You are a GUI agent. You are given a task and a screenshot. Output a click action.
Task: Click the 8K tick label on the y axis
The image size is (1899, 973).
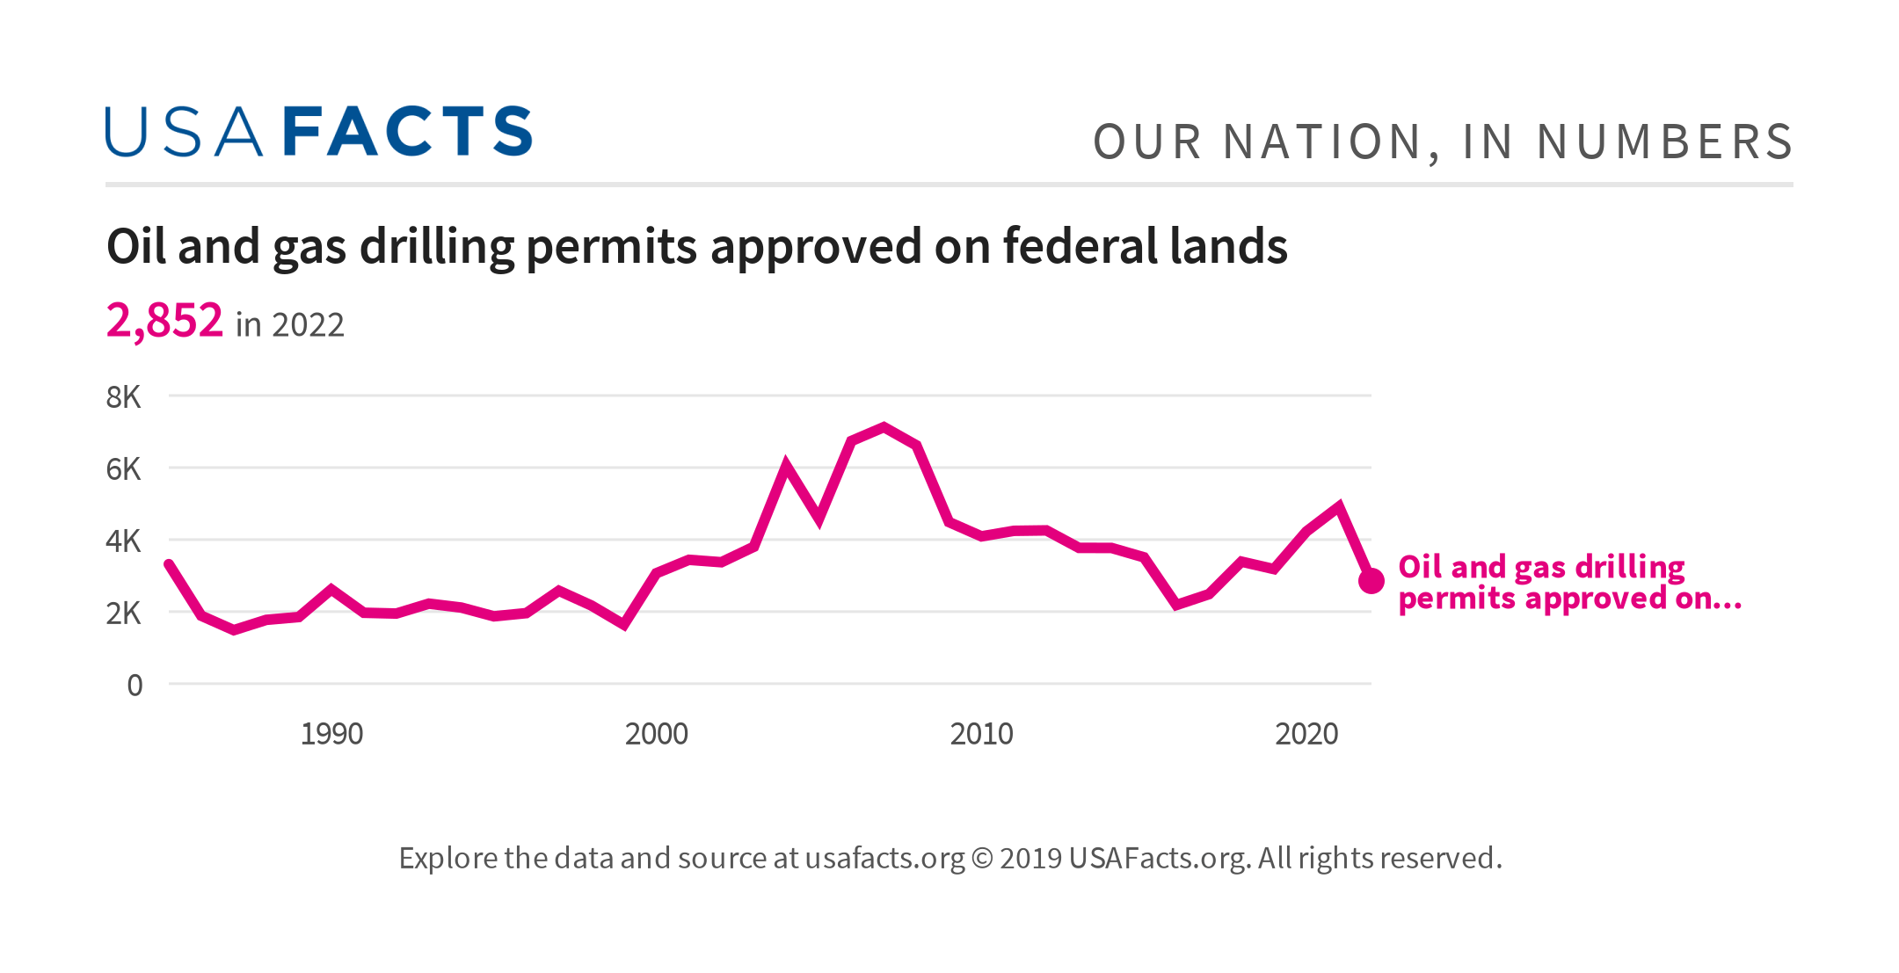(x=123, y=397)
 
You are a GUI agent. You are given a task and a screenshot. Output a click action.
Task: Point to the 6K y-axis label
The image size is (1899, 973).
(x=123, y=469)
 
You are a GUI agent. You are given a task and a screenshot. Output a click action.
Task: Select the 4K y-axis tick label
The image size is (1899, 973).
(x=123, y=541)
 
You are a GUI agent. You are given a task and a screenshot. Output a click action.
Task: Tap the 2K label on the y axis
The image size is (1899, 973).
(x=123, y=614)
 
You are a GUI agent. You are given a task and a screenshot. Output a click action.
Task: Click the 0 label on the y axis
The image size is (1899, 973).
(x=135, y=686)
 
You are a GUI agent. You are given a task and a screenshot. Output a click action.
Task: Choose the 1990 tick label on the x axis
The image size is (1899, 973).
(x=331, y=734)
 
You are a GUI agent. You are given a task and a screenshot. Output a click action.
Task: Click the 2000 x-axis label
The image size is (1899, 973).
(x=656, y=734)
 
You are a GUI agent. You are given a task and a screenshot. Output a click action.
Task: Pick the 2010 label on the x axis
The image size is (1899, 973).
(x=981, y=734)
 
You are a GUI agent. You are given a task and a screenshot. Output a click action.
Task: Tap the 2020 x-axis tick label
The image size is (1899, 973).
(x=1306, y=734)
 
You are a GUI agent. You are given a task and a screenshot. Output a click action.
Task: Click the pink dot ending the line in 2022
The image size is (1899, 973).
(x=1371, y=581)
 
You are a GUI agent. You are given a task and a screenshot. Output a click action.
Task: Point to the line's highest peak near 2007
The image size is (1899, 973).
(x=884, y=427)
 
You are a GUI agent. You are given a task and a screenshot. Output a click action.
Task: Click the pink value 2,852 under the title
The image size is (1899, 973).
(x=164, y=321)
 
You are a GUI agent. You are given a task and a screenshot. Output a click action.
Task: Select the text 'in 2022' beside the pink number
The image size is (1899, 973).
(x=289, y=325)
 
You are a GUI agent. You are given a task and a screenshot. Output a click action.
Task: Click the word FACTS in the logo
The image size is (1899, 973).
(x=408, y=133)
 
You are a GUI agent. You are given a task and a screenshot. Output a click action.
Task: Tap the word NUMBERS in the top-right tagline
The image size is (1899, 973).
(x=1664, y=142)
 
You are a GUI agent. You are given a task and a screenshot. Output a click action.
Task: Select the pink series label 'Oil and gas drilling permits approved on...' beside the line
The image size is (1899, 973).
(x=1568, y=582)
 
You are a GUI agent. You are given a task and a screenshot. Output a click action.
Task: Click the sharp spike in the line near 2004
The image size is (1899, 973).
(x=786, y=465)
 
